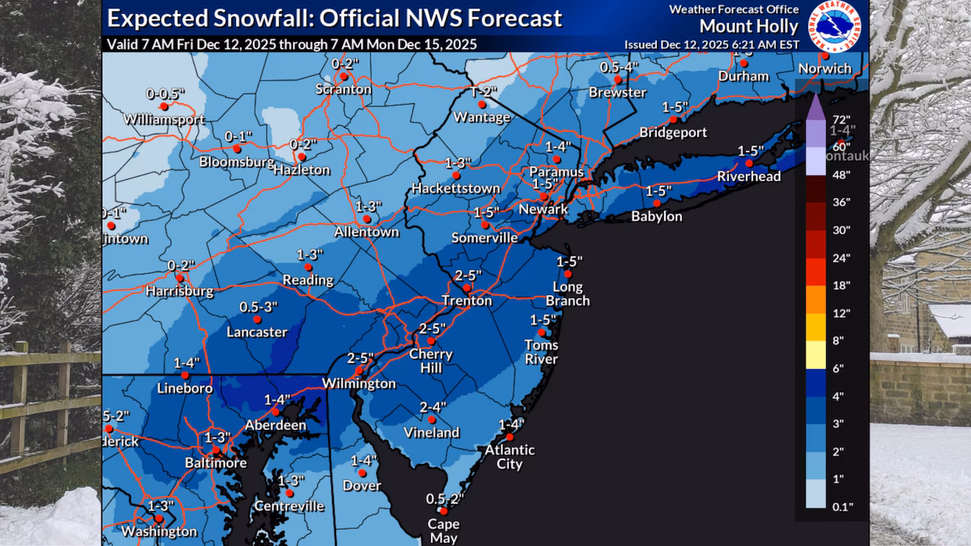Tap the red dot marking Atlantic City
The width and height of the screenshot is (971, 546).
pos(510,437)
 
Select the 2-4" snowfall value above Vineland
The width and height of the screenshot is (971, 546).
pos(433,407)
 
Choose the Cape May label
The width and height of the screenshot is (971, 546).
pos(444,531)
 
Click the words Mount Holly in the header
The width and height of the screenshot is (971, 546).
pos(748,27)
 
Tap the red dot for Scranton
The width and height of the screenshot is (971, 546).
pos(344,76)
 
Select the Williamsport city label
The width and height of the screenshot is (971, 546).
pos(164,120)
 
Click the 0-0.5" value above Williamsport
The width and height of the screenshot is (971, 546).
pos(165,94)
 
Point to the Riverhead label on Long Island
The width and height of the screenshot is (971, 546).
pos(749,177)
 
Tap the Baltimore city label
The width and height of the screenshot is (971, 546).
pos(215,463)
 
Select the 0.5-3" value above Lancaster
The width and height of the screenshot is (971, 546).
pos(259,307)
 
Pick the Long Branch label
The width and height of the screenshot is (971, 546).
pos(567,293)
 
